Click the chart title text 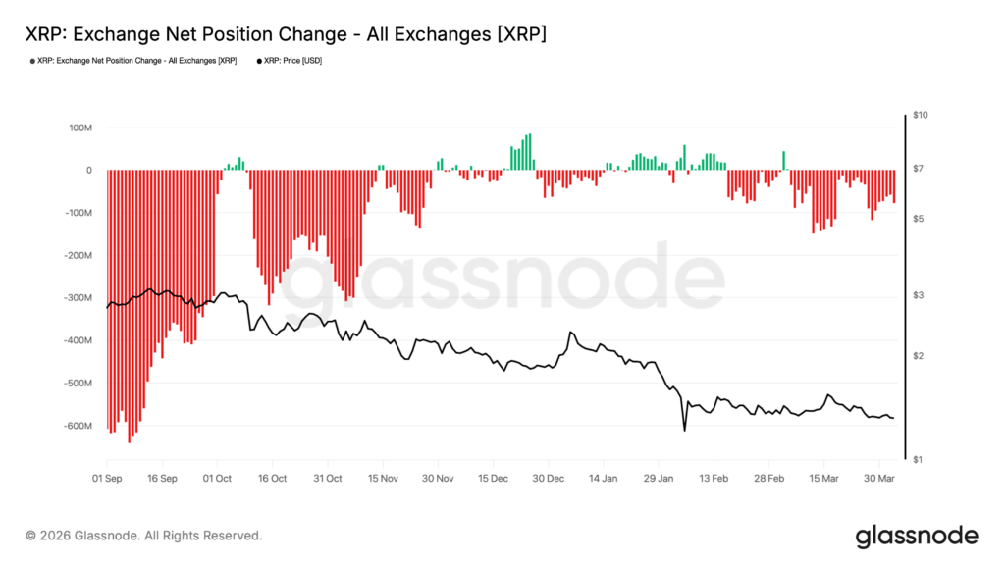[286, 34]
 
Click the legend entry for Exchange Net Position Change [133, 61]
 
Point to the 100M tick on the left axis [79, 128]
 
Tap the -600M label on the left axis [77, 427]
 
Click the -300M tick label [77, 298]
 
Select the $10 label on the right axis [920, 116]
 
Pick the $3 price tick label [917, 295]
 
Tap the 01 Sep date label [107, 479]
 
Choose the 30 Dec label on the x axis [549, 479]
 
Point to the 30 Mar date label [879, 479]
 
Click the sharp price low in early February [684, 428]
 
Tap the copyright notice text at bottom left [144, 536]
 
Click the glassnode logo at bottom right [917, 536]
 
